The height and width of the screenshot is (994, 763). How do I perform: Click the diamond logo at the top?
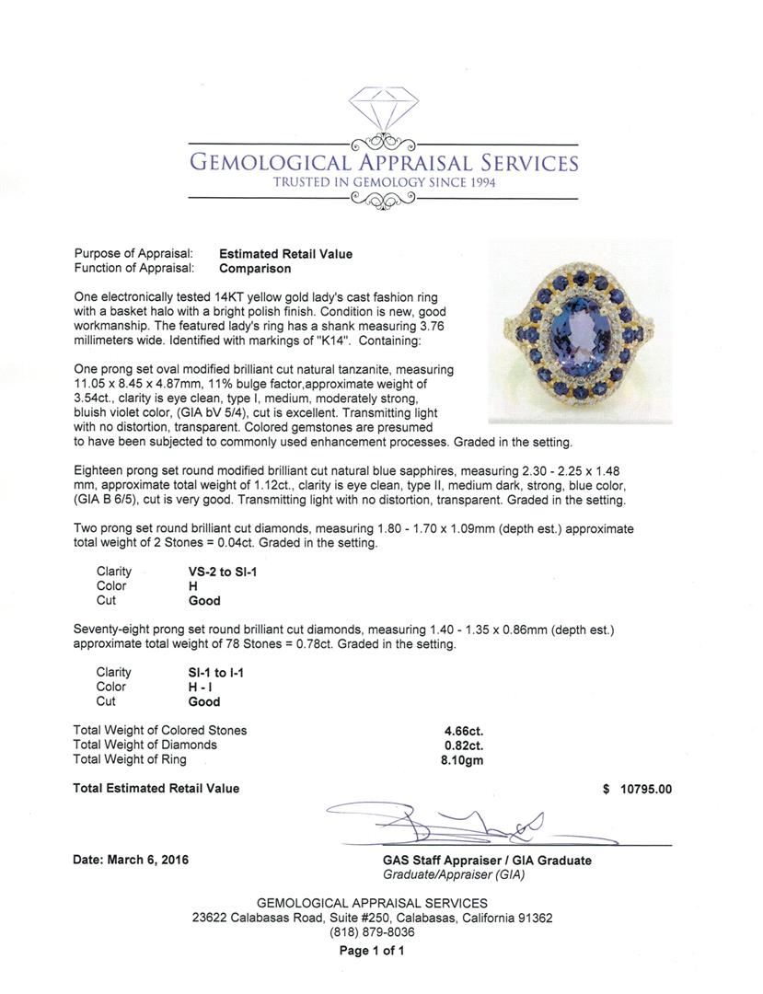pyautogui.click(x=382, y=112)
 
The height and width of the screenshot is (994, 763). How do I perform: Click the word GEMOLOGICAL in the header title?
pyautogui.click(x=268, y=164)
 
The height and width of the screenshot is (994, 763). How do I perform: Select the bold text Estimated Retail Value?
pyautogui.click(x=285, y=254)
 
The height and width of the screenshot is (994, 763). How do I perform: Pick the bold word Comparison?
pyautogui.click(x=255, y=269)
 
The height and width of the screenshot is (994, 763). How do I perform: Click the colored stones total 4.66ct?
pyautogui.click(x=463, y=731)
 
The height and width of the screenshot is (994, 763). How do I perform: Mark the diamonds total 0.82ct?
pyautogui.click(x=463, y=745)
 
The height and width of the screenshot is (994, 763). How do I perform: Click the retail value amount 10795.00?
pyautogui.click(x=645, y=789)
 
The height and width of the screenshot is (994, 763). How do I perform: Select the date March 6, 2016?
pyautogui.click(x=130, y=861)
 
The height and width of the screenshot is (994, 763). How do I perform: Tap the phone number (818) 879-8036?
pyautogui.click(x=372, y=931)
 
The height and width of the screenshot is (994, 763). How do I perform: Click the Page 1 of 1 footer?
pyautogui.click(x=372, y=951)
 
